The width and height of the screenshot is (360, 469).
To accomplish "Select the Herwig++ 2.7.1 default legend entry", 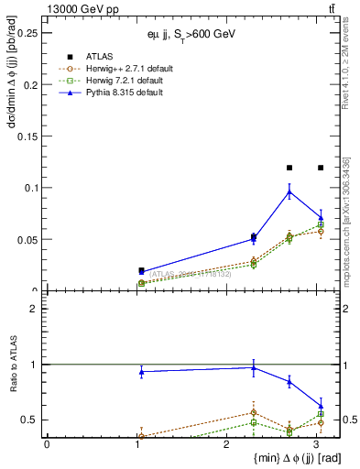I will [119, 69].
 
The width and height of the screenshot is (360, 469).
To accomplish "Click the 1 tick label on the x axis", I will [136, 444].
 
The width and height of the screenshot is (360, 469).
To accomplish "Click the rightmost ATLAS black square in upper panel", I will [320, 168].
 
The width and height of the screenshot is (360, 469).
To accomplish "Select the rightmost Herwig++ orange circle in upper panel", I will [320, 231].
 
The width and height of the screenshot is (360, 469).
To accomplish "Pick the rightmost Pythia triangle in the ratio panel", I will [320, 405].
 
